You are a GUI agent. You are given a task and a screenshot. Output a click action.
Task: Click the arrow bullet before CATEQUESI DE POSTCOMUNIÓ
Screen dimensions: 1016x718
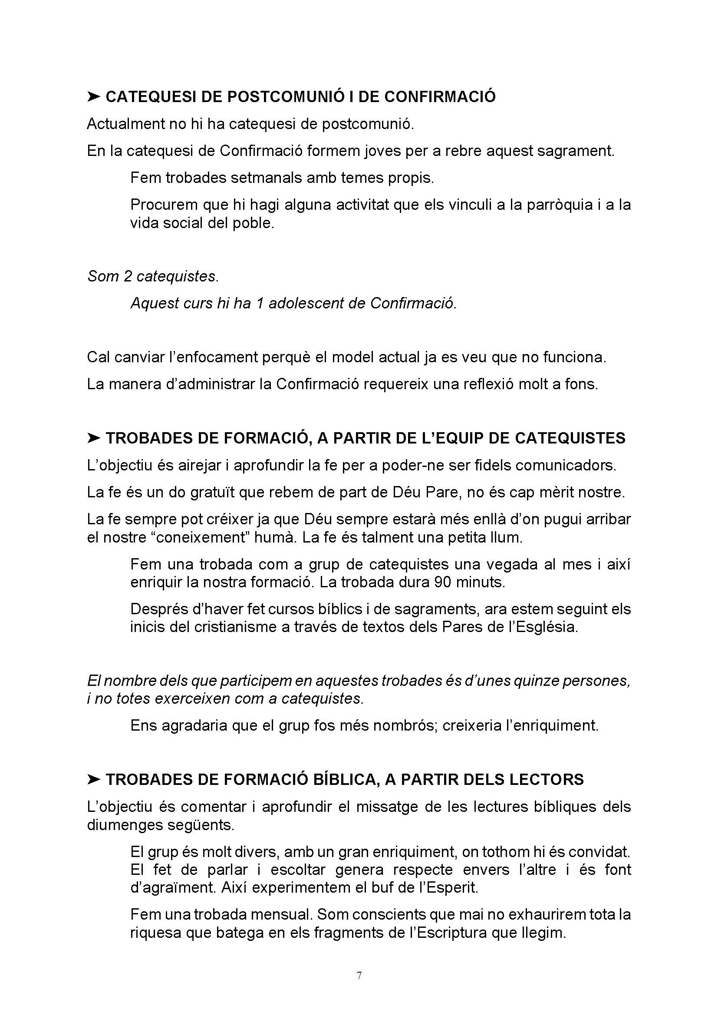click(94, 96)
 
